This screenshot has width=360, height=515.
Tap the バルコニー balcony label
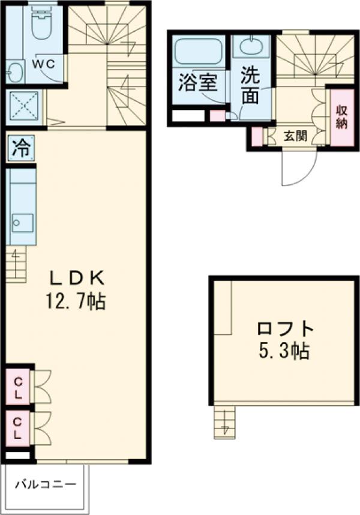tap(45, 484)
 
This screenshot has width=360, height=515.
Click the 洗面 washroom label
tap(251, 86)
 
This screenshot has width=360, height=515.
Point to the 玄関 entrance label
tap(295, 136)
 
